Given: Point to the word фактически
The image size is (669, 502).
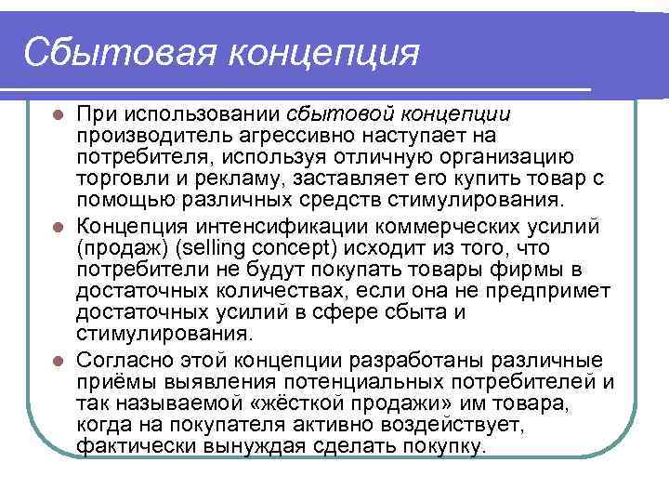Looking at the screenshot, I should point(127,446).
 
